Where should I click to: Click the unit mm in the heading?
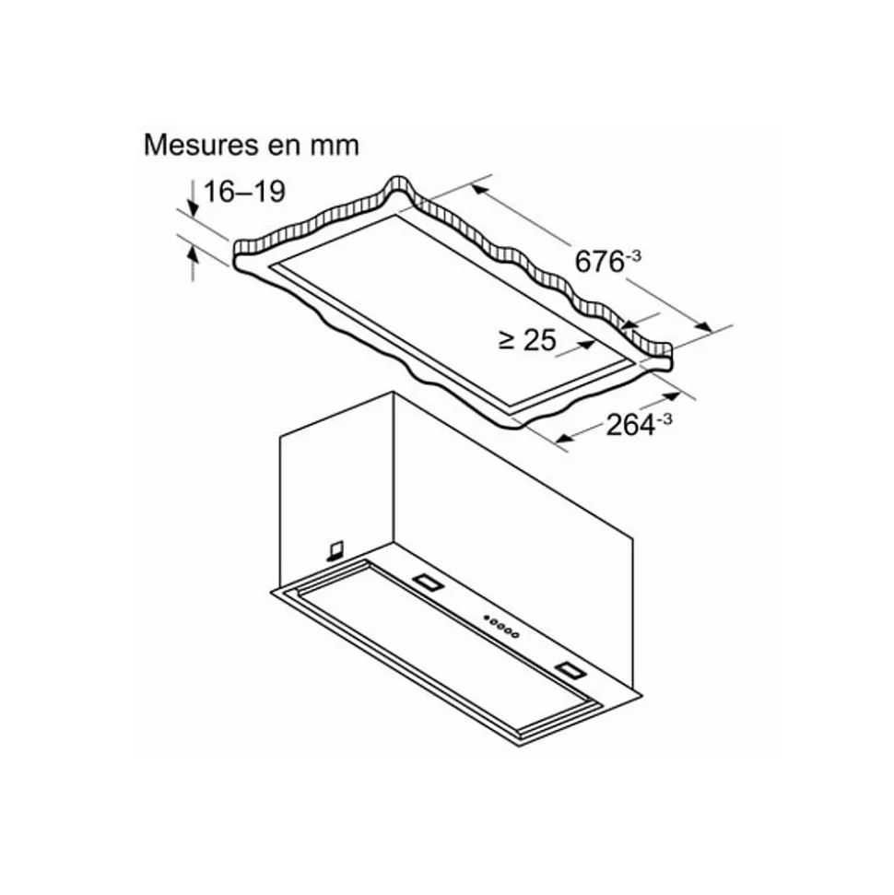[335, 147]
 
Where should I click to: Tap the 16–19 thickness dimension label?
[244, 192]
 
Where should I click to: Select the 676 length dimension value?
[599, 263]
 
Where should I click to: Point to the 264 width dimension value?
[630, 425]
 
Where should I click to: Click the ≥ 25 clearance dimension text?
[527, 340]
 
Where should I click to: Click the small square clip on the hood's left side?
[335, 548]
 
